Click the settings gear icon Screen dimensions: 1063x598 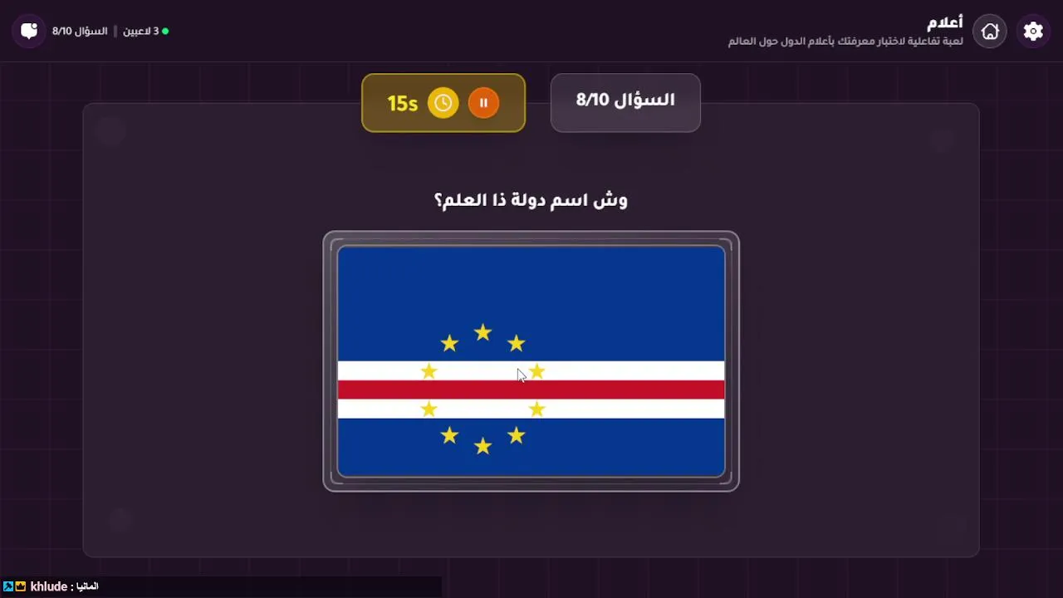[1033, 32]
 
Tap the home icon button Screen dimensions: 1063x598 [990, 32]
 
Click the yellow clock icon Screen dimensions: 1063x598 [443, 103]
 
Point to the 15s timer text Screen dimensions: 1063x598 [403, 104]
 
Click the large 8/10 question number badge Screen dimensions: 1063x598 [625, 102]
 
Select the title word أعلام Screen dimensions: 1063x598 [945, 22]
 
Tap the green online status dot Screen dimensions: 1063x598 [165, 32]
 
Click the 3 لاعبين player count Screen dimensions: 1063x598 [141, 32]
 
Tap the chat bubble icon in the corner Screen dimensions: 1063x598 [29, 32]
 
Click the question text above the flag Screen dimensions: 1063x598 [531, 201]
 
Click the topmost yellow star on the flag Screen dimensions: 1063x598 [483, 332]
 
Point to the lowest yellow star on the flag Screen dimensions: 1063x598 [483, 446]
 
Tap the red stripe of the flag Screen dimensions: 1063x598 [531, 390]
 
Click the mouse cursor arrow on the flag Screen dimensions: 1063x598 [521, 375]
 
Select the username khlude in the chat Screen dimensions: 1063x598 [48, 586]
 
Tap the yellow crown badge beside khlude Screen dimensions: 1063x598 [21, 586]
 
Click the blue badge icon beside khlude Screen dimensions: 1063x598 [8, 586]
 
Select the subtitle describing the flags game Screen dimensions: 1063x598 [845, 42]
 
